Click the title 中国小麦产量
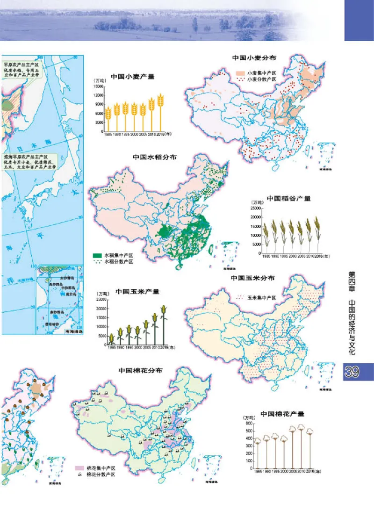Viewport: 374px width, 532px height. pos(132,77)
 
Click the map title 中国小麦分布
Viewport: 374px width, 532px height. pos(254,58)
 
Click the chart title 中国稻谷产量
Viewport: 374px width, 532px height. pos(288,198)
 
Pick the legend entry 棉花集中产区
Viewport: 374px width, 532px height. pos(100,467)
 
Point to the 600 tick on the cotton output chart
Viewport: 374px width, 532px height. pos(249,424)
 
